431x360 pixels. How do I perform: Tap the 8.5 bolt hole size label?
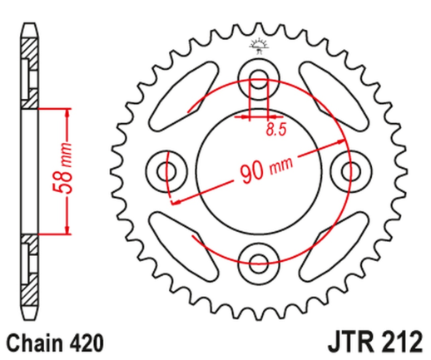pos(275,129)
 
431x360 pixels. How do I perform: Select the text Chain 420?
pos(49,342)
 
